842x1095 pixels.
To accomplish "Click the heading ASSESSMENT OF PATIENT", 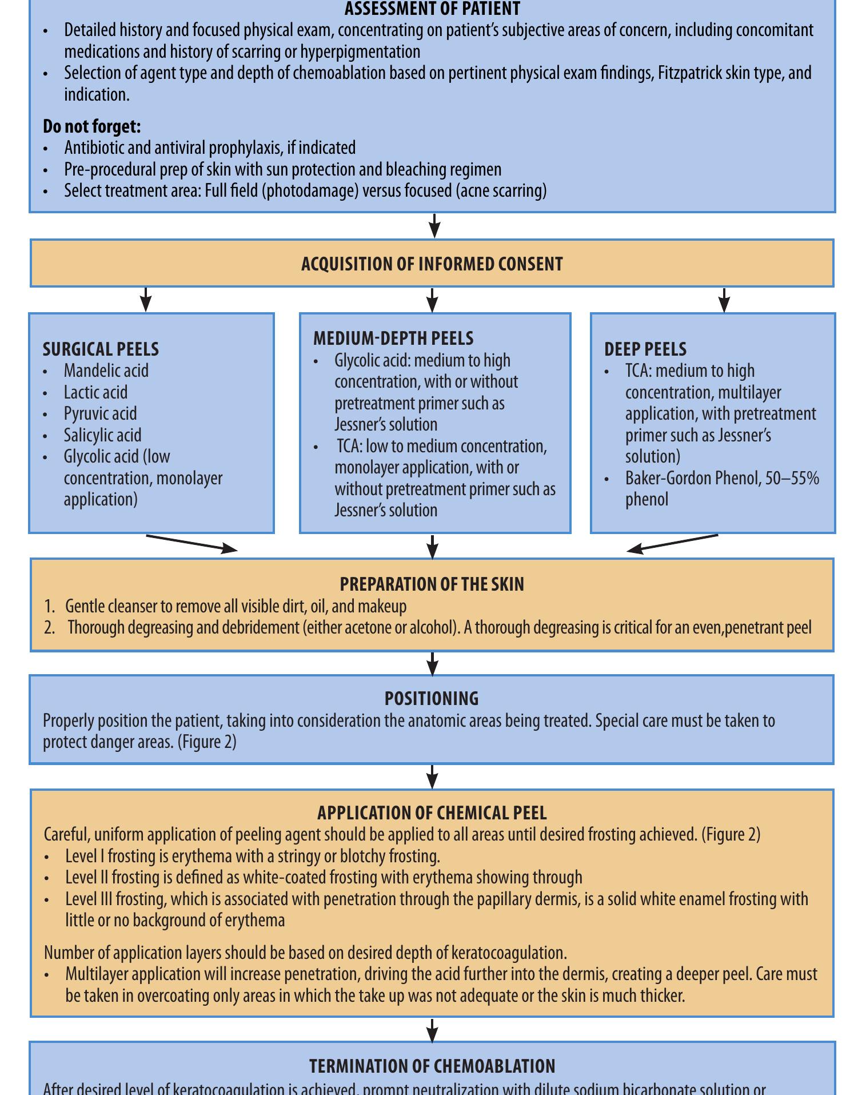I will [x=432, y=9].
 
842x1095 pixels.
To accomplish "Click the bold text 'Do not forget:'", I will [x=91, y=126].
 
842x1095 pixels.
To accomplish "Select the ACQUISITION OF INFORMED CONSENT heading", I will [x=432, y=264].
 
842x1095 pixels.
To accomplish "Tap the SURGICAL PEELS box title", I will [x=101, y=349].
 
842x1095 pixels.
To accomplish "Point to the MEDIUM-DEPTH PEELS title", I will [x=393, y=339].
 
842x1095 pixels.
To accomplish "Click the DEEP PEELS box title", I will [x=645, y=349].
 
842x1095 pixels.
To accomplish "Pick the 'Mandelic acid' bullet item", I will [x=106, y=371].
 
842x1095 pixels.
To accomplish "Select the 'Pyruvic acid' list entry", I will [x=100, y=414].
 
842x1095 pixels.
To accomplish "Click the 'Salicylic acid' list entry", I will [x=102, y=436].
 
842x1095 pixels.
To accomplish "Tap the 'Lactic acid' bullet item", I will [x=95, y=393].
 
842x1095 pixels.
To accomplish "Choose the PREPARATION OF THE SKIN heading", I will [x=432, y=584].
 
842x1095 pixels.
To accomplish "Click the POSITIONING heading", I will [x=432, y=699].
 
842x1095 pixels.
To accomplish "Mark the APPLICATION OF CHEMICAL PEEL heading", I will [x=432, y=813].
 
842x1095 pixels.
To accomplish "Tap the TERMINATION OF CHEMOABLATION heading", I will [x=432, y=1066].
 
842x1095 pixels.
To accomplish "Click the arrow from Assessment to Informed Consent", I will [x=434, y=226].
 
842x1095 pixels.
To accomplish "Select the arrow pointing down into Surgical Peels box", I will [x=146, y=300].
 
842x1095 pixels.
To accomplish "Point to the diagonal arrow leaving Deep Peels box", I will [x=673, y=543].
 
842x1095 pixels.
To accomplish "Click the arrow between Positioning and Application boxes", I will [x=433, y=777].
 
